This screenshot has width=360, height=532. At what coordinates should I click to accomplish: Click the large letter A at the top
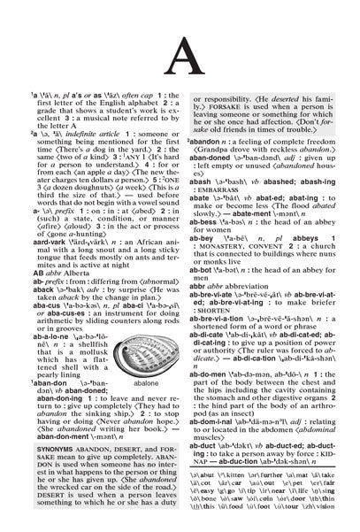click(181, 71)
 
